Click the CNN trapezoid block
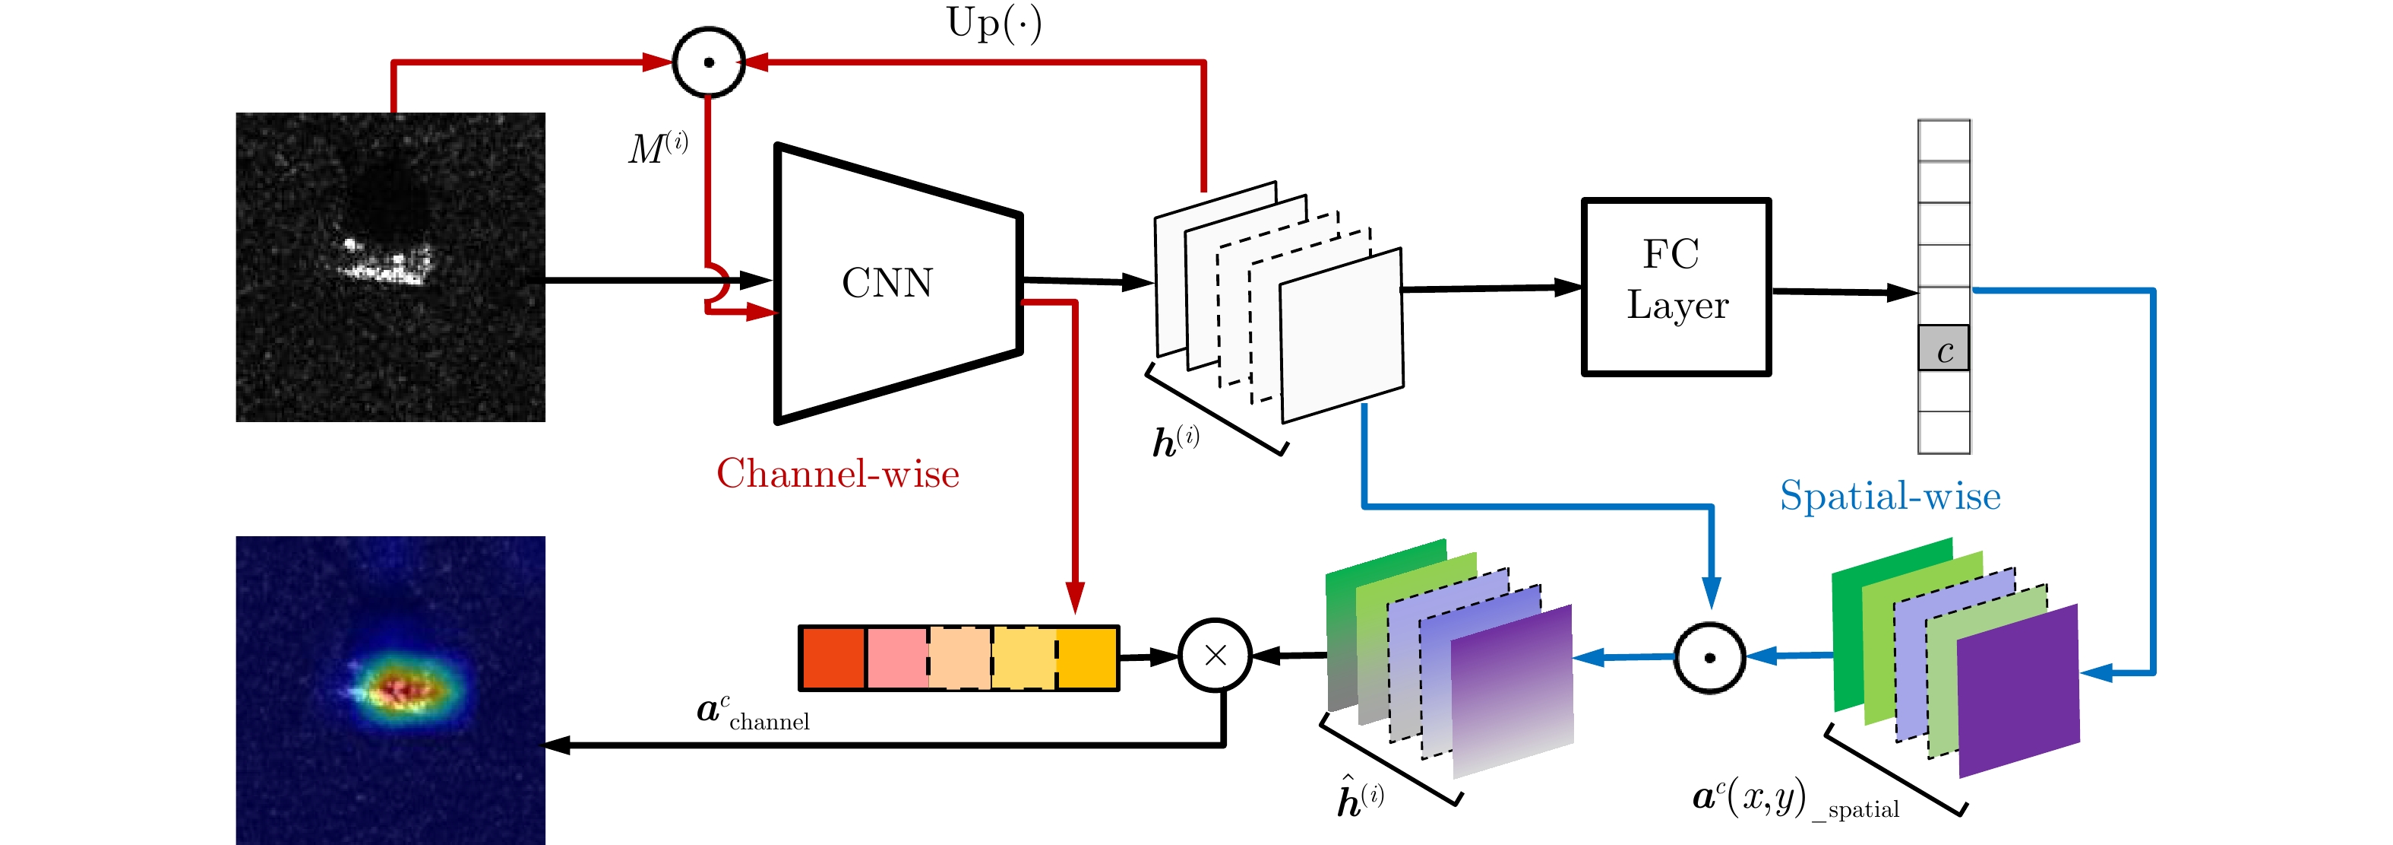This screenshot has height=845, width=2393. point(897,284)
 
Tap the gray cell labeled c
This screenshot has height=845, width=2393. point(1943,348)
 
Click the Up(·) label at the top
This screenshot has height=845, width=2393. point(994,24)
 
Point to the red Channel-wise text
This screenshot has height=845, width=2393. point(838,473)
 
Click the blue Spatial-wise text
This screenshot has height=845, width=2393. point(1889,495)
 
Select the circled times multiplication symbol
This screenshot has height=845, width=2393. point(1215,656)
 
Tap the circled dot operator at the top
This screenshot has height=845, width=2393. point(709,62)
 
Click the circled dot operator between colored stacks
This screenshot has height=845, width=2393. point(1709,657)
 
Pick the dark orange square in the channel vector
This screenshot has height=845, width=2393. point(833,658)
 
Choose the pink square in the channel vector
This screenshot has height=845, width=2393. point(896,658)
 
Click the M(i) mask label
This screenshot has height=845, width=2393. point(658,148)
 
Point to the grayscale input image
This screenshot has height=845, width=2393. point(390,267)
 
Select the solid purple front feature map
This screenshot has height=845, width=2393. point(2018,691)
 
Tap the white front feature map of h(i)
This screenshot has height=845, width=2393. point(1342,335)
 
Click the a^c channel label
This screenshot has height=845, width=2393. point(752,712)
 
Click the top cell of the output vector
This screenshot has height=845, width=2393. point(1943,141)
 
